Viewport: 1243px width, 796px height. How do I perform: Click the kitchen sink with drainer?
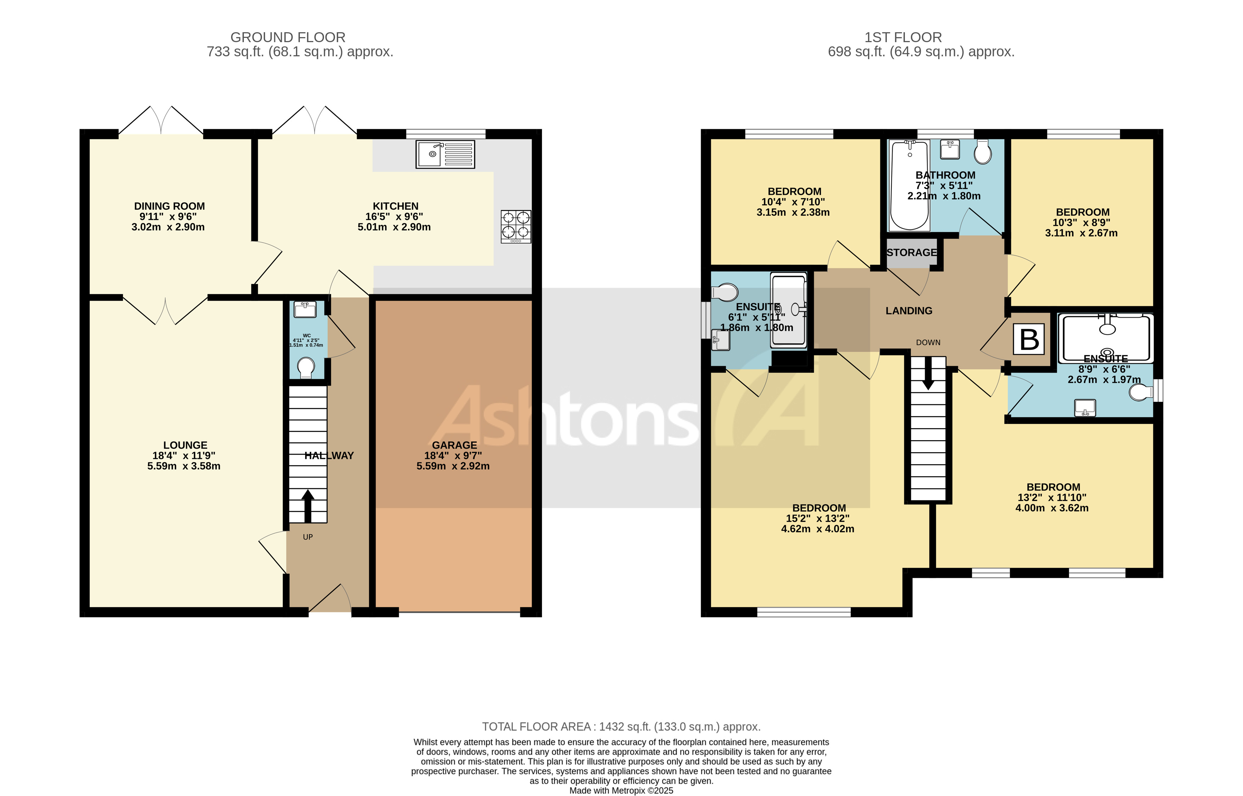(x=445, y=154)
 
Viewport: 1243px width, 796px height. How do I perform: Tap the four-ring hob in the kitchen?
(x=516, y=226)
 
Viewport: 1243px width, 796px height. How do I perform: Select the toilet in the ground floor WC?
(x=306, y=368)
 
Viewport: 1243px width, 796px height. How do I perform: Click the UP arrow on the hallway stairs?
(x=308, y=506)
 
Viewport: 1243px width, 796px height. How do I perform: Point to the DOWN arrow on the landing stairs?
(x=928, y=373)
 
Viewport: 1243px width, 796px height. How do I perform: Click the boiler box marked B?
(x=1029, y=340)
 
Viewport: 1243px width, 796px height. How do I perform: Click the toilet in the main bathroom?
(x=983, y=152)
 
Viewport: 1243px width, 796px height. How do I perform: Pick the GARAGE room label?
(x=454, y=445)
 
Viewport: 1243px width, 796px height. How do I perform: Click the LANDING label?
(x=909, y=311)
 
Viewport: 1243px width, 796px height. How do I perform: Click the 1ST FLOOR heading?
(x=903, y=37)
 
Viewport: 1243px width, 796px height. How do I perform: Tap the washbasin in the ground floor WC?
(x=305, y=309)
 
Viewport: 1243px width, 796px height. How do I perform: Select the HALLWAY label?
(x=329, y=455)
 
